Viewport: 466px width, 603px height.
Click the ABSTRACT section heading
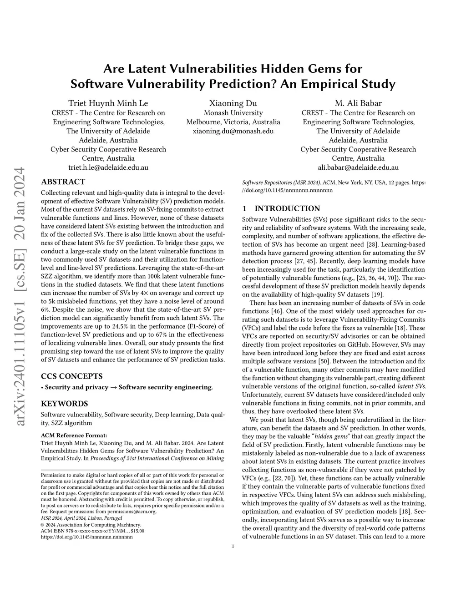pyautogui.click(x=63, y=182)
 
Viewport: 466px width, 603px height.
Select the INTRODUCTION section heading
pyautogui.click(x=281, y=208)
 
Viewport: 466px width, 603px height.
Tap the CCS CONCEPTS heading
pyautogui.click(x=72, y=376)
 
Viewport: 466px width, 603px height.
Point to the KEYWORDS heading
pyautogui.click(x=65, y=403)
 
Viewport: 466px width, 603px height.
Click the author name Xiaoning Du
pyautogui.click(x=233, y=103)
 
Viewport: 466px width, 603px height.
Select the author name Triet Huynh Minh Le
pyautogui.click(x=108, y=103)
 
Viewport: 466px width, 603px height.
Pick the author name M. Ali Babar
pyautogui.click(x=358, y=103)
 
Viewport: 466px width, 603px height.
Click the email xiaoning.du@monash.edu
pyautogui.click(x=233, y=131)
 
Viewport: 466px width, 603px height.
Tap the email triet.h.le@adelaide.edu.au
pyautogui.click(x=108, y=167)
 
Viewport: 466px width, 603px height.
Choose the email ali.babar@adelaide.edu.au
pyautogui.click(x=358, y=167)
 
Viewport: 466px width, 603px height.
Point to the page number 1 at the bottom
pyautogui.click(x=233, y=547)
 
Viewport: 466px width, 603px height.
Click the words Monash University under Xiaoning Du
pyautogui.click(x=233, y=113)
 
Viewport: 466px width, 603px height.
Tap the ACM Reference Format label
pyautogui.click(x=74, y=435)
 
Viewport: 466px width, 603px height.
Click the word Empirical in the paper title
pyautogui.click(x=330, y=84)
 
